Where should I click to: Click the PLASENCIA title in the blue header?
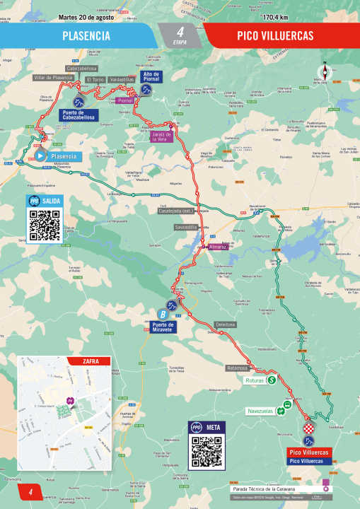click(x=86, y=35)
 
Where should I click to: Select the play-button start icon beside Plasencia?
click(x=40, y=156)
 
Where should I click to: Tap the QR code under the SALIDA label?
click(x=44, y=225)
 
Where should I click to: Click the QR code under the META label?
click(x=207, y=450)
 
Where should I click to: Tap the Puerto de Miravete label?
click(x=163, y=327)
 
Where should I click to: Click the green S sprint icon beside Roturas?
click(x=271, y=380)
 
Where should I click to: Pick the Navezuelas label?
click(x=260, y=411)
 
